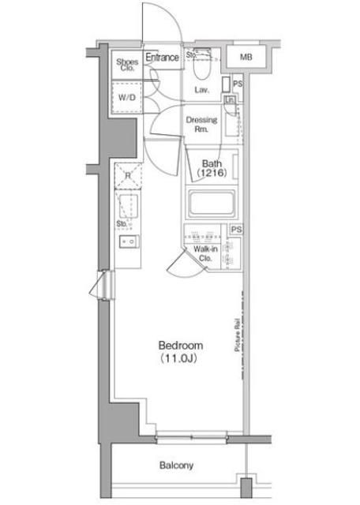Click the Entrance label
(163, 57)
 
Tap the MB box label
(246, 58)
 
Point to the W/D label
(126, 99)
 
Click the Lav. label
(201, 90)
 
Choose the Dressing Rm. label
(201, 125)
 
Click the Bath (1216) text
(211, 166)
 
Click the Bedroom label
(181, 346)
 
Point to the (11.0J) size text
(181, 359)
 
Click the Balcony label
(176, 466)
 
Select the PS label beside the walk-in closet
(234, 230)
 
